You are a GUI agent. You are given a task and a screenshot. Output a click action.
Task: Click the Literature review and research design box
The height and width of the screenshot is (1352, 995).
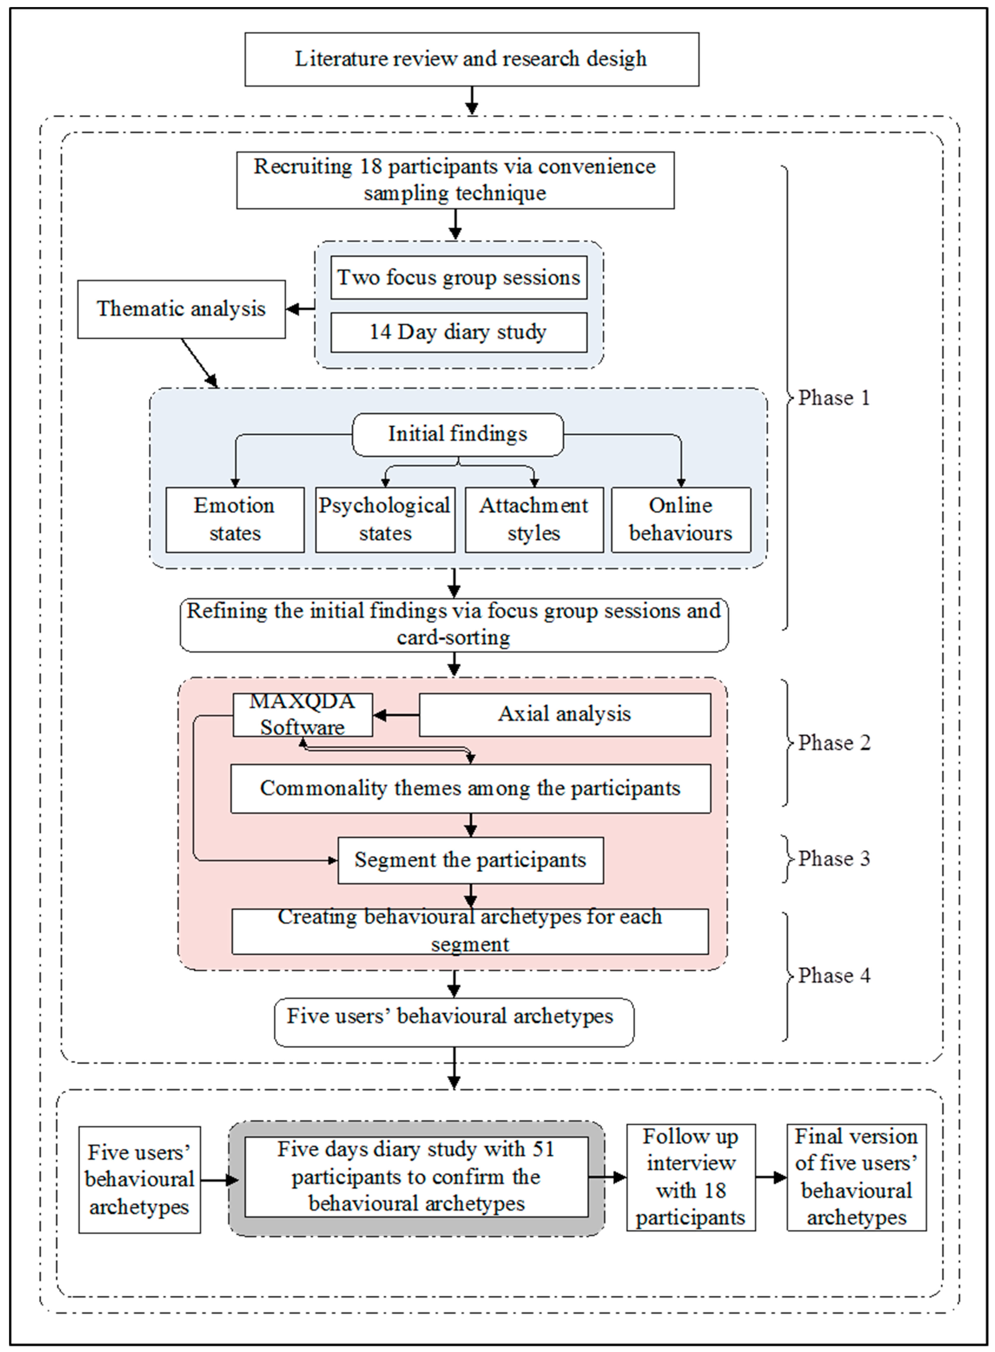click(472, 59)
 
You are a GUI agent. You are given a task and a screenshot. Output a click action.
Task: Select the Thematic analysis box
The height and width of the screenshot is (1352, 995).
click(181, 309)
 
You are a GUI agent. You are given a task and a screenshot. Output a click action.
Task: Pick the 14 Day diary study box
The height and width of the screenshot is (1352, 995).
click(459, 332)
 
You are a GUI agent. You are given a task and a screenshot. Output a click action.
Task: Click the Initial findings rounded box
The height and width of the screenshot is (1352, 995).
click(458, 434)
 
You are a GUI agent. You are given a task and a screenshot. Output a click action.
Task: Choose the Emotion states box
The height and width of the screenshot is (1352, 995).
click(235, 519)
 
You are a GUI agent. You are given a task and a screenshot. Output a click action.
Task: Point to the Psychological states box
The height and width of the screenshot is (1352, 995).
click(385, 519)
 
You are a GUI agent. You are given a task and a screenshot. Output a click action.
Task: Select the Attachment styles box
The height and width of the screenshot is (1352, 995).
click(534, 519)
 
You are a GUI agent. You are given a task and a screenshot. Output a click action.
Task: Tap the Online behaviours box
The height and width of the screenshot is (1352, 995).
click(681, 519)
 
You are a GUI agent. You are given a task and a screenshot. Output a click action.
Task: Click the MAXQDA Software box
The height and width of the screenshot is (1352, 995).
click(303, 715)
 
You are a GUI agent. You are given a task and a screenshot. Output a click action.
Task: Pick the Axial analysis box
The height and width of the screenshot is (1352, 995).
click(565, 715)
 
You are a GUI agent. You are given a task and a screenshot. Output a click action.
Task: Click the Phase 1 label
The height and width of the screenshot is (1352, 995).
click(834, 398)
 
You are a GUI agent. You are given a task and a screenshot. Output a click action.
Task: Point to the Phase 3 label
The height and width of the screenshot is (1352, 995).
click(834, 859)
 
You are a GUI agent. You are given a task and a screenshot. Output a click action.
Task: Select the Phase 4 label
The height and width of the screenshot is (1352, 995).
click(834, 975)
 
